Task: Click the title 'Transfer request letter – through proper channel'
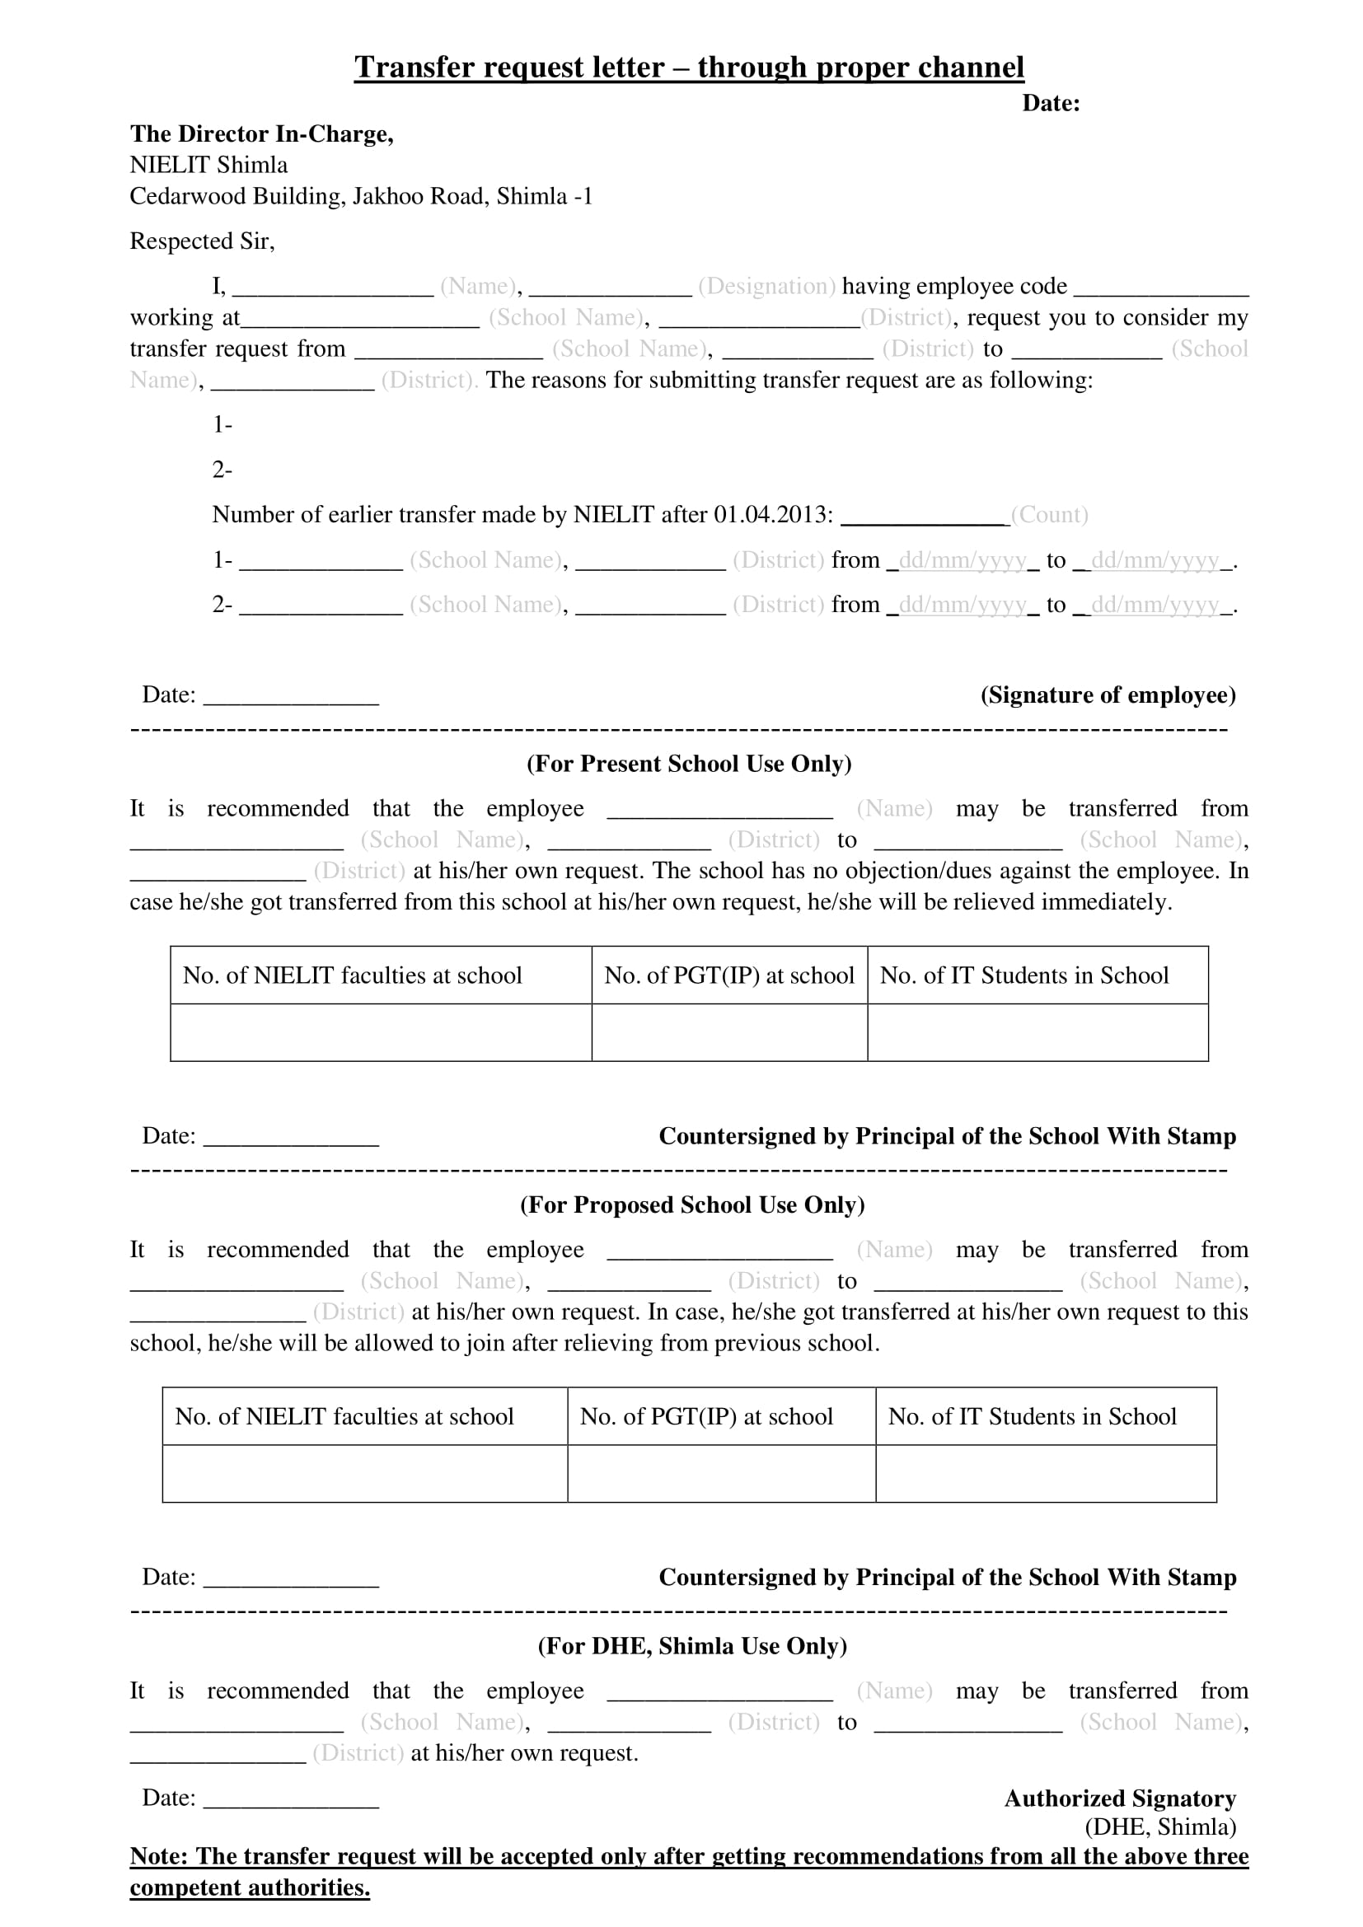688,67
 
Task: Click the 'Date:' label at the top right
1050,104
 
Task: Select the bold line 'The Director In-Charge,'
261,134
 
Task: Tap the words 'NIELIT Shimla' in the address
208,166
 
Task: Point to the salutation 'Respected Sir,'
201,241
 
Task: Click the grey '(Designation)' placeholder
766,287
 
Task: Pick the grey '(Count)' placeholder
1049,515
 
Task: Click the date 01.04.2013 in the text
772,515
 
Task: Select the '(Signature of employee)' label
1108,695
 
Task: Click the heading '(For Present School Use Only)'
688,764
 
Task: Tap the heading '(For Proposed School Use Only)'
691,1205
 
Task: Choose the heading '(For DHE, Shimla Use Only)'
691,1646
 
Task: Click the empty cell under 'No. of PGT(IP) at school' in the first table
728,1032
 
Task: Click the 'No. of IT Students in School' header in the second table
1032,1417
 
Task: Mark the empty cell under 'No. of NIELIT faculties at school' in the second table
364,1473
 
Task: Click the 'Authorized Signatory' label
1120,1798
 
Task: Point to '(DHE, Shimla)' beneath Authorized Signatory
1159,1827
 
